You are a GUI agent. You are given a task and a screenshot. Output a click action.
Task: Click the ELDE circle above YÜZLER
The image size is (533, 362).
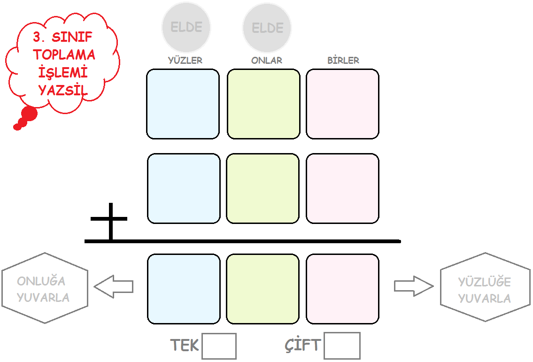(186, 27)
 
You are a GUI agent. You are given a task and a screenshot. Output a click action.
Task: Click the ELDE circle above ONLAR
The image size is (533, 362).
(267, 28)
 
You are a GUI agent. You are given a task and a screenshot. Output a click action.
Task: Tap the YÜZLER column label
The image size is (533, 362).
(185, 61)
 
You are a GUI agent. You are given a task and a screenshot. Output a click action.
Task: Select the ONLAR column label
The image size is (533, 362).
(266, 61)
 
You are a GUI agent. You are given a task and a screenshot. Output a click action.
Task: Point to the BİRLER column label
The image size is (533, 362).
(343, 61)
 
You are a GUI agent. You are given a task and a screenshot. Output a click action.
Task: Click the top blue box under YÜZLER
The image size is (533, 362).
(183, 104)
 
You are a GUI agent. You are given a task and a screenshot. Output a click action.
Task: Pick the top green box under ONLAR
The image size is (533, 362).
(263, 104)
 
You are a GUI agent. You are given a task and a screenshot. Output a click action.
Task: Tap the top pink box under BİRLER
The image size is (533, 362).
(342, 104)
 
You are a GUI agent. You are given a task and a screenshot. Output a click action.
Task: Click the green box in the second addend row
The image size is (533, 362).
(263, 188)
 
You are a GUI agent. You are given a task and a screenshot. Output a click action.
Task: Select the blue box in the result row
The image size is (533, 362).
(184, 289)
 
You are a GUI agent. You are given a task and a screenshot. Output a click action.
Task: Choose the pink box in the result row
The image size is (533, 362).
(342, 289)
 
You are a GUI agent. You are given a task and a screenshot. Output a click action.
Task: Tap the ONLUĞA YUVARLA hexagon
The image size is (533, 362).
(45, 288)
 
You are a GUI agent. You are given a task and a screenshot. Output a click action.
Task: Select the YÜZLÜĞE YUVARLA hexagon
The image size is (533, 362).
(484, 287)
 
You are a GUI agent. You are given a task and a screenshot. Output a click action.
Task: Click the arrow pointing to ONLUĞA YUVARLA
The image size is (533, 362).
(114, 286)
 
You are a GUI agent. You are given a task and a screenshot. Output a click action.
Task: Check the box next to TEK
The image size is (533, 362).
(219, 347)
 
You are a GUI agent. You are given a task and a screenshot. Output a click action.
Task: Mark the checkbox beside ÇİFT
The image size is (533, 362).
(342, 346)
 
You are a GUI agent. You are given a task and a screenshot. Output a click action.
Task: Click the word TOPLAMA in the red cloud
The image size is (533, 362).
(64, 54)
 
